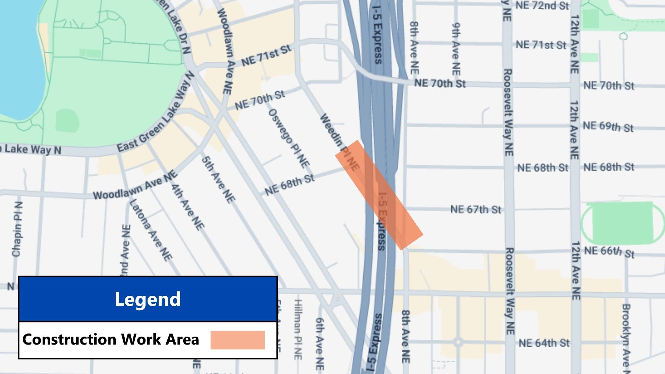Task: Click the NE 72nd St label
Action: [542, 6]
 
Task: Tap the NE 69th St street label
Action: [608, 127]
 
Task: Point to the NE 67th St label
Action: [476, 210]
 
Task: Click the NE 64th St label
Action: [544, 343]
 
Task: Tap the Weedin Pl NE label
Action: [339, 142]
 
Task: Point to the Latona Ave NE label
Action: [151, 230]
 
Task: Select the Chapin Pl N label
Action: [17, 229]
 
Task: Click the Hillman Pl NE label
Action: [298, 329]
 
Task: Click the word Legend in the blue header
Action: [148, 299]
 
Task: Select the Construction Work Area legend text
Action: [111, 339]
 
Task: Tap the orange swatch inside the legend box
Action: [238, 340]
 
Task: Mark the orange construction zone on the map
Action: [379, 195]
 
